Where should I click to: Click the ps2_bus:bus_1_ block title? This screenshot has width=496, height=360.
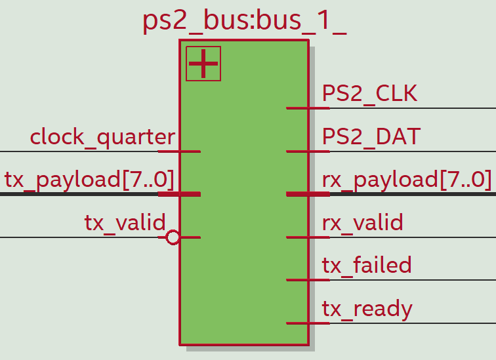[244, 21]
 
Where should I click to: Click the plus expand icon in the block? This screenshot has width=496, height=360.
[203, 64]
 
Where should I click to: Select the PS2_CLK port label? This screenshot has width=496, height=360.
[369, 94]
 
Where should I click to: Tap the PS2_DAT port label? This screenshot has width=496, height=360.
[371, 137]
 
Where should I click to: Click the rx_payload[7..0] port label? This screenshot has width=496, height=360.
[407, 180]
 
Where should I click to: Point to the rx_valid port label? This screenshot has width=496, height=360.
[363, 223]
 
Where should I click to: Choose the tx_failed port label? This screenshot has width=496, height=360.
[367, 266]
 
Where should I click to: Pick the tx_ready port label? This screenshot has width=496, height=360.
[367, 309]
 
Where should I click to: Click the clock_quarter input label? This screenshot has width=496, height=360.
[102, 137]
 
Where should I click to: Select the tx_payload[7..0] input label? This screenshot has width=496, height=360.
[89, 180]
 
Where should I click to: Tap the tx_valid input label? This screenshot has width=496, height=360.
[125, 223]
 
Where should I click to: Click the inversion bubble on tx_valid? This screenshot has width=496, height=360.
[173, 237]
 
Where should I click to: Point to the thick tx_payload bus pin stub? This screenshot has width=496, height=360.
[179, 194]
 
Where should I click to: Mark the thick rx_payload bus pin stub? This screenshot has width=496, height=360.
[308, 194]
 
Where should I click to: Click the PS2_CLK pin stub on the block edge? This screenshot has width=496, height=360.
[308, 108]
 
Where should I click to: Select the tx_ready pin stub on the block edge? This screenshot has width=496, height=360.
[308, 323]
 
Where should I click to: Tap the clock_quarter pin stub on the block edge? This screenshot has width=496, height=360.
[179, 151]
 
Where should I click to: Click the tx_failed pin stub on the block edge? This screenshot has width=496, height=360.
[308, 280]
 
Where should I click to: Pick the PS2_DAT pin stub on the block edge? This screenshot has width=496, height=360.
[308, 151]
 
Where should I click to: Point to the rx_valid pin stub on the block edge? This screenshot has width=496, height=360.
[308, 237]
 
